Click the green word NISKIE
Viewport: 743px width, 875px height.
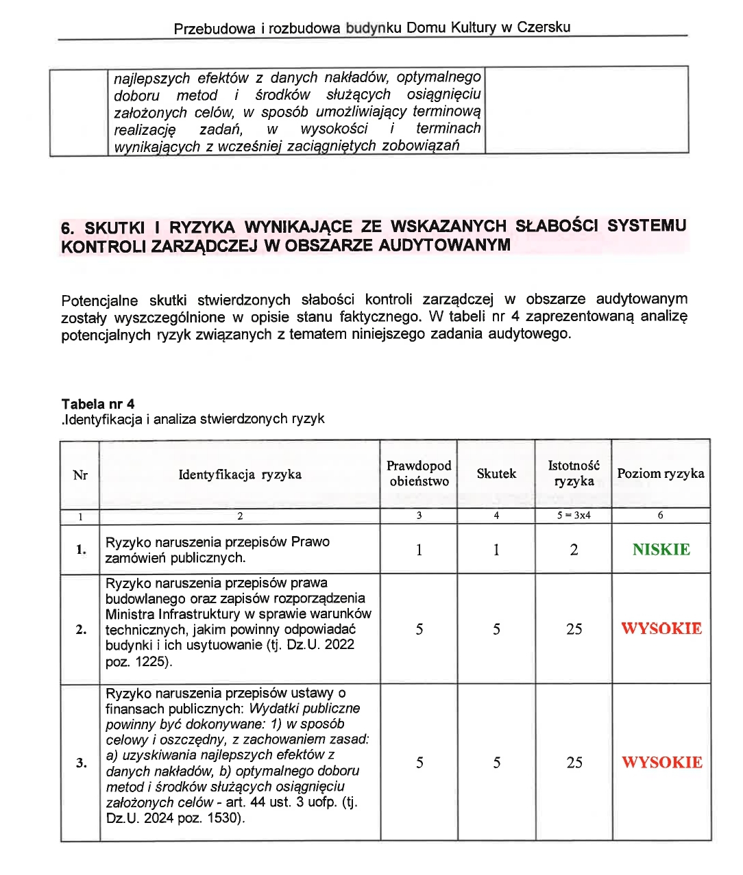coord(661,550)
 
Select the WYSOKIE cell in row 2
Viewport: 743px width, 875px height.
coord(661,629)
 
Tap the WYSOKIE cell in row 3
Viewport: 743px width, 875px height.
coord(661,762)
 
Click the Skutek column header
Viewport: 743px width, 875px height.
coord(496,474)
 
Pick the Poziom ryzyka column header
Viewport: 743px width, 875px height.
coord(661,474)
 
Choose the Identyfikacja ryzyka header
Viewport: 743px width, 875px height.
coord(240,474)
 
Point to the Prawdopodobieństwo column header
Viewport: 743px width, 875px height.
coord(419,474)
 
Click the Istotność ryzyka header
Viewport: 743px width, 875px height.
coord(574,474)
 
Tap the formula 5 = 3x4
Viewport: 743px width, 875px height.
coord(574,516)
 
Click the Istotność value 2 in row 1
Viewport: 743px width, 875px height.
coord(574,550)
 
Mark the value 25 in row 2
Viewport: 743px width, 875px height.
coord(574,629)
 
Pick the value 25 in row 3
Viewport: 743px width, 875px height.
coord(574,763)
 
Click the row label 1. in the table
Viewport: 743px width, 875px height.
coord(81,550)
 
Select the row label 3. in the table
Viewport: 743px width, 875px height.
coord(81,763)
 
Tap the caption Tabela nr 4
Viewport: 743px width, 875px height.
coord(98,404)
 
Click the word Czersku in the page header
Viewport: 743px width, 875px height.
coord(544,27)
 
